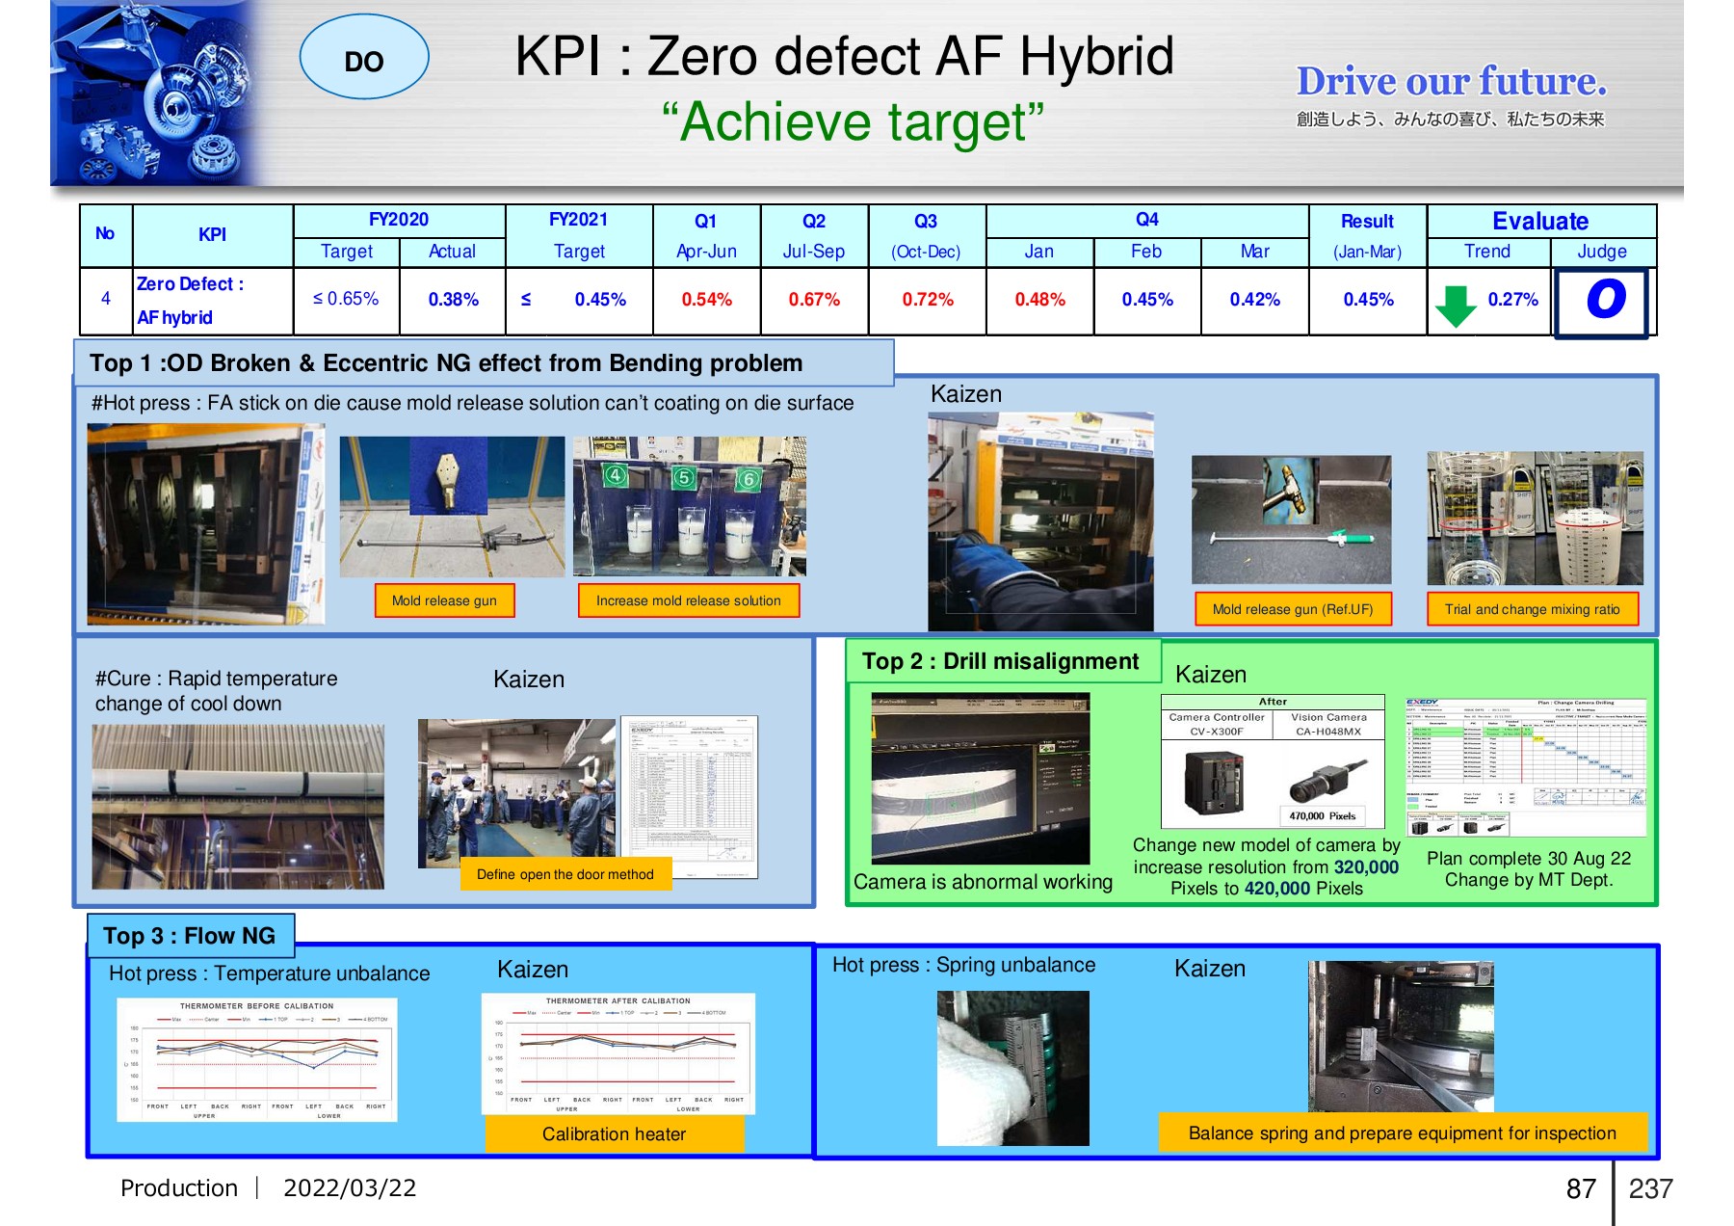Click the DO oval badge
(364, 58)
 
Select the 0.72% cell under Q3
(927, 300)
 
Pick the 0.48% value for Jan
(1039, 300)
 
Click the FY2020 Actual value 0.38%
(453, 300)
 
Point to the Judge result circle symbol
(1605, 300)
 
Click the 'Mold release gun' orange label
(444, 600)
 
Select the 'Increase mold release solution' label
(688, 600)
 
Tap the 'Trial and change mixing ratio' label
(1532, 609)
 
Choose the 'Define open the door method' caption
(565, 874)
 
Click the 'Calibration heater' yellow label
(614, 1134)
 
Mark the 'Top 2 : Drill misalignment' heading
(1000, 661)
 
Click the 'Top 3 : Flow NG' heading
(189, 936)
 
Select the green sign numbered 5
(683, 477)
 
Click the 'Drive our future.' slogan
(1451, 82)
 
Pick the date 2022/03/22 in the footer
(350, 1188)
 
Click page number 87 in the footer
(1581, 1189)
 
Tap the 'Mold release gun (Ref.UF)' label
(1292, 609)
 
